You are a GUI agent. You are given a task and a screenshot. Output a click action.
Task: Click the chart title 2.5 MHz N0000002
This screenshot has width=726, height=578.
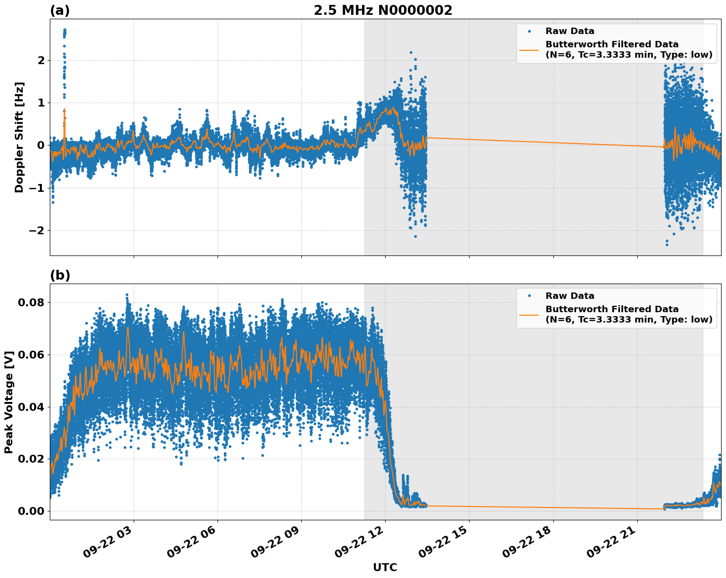coord(383,10)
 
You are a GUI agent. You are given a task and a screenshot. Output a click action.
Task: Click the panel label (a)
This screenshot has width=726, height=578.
coord(60,10)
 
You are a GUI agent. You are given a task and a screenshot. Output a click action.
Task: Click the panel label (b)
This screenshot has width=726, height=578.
coord(60,275)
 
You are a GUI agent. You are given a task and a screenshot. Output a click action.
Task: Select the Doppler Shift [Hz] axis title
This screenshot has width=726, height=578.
coord(19,137)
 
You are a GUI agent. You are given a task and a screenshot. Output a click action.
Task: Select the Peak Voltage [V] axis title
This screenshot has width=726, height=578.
coord(9,402)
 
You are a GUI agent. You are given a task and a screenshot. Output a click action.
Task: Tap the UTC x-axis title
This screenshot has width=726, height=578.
coord(385,567)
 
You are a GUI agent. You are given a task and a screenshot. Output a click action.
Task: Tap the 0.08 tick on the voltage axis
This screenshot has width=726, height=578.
coord(31,302)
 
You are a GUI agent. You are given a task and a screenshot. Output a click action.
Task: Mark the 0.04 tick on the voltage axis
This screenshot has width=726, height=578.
coord(31,407)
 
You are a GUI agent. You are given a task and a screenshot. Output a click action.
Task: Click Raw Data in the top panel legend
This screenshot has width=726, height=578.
coord(570,31)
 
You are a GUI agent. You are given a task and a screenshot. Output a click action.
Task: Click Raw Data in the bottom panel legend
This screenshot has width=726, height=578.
coord(570,296)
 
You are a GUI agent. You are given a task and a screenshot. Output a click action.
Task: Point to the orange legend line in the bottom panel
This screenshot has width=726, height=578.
coord(529,314)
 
